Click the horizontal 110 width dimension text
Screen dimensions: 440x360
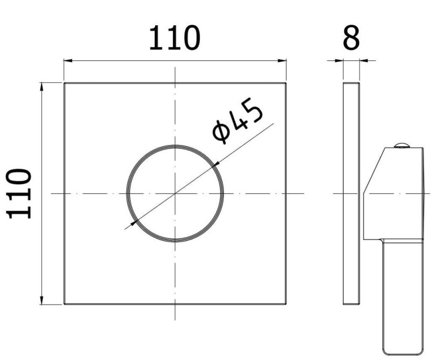click(174, 38)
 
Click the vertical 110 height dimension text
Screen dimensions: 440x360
click(19, 193)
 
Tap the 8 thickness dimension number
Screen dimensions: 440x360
click(351, 38)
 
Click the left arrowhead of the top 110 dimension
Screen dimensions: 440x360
click(68, 60)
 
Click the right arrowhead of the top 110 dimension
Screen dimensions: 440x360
click(282, 60)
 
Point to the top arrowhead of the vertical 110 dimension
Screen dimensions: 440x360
click(42, 87)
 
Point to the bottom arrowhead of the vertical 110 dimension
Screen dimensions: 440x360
click(42, 300)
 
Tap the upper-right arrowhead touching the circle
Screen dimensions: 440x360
click(216, 165)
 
